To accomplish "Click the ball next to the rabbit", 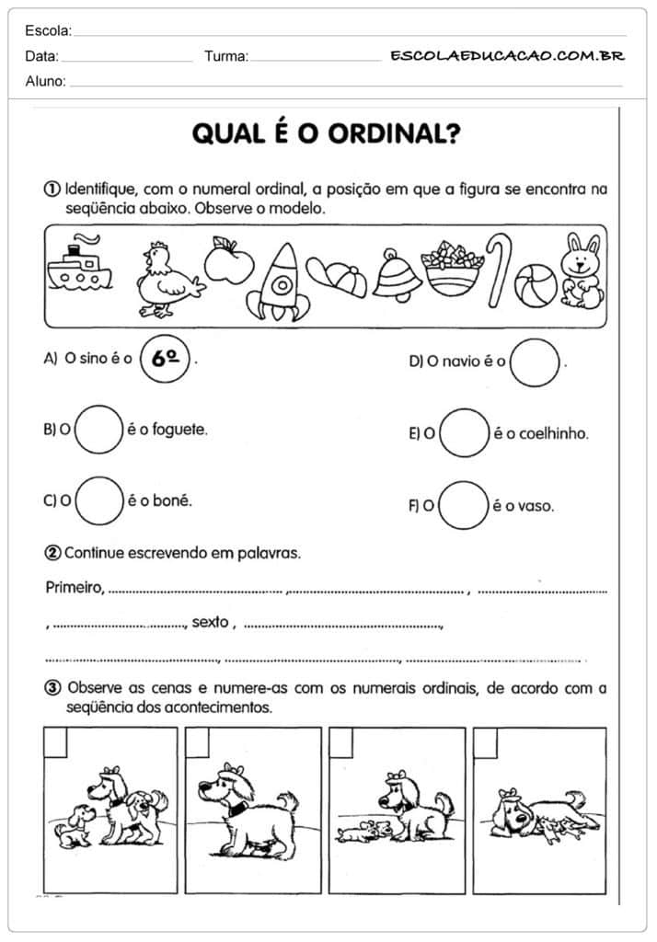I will point(536,284).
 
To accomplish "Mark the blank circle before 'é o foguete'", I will point(98,430).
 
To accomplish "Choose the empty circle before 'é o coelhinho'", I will point(463,432).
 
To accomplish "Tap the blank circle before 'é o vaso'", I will point(463,505).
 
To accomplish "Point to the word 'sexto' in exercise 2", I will point(209,623).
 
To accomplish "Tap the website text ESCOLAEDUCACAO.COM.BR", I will point(507,55).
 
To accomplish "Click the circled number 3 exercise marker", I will point(52,687).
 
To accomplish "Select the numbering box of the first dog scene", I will point(56,742).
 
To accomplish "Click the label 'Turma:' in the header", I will point(226,56).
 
